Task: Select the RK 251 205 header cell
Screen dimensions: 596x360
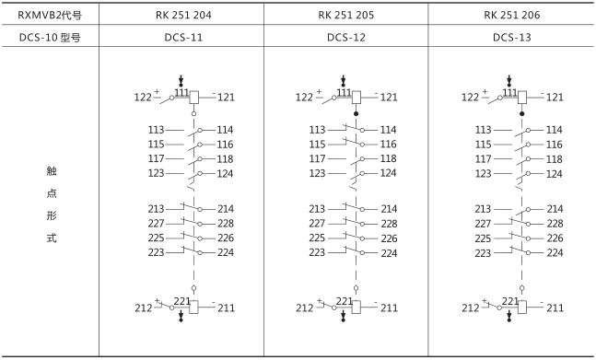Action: pos(346,15)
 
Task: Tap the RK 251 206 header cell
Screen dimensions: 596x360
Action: pos(512,15)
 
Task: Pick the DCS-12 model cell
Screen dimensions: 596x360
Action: pos(346,37)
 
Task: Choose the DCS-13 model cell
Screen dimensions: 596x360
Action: pos(512,37)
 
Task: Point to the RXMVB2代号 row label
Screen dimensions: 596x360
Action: pos(50,15)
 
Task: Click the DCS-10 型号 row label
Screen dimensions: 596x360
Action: pos(50,37)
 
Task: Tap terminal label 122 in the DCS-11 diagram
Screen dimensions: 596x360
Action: pos(143,98)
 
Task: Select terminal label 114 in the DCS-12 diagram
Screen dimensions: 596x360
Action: pos(389,130)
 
